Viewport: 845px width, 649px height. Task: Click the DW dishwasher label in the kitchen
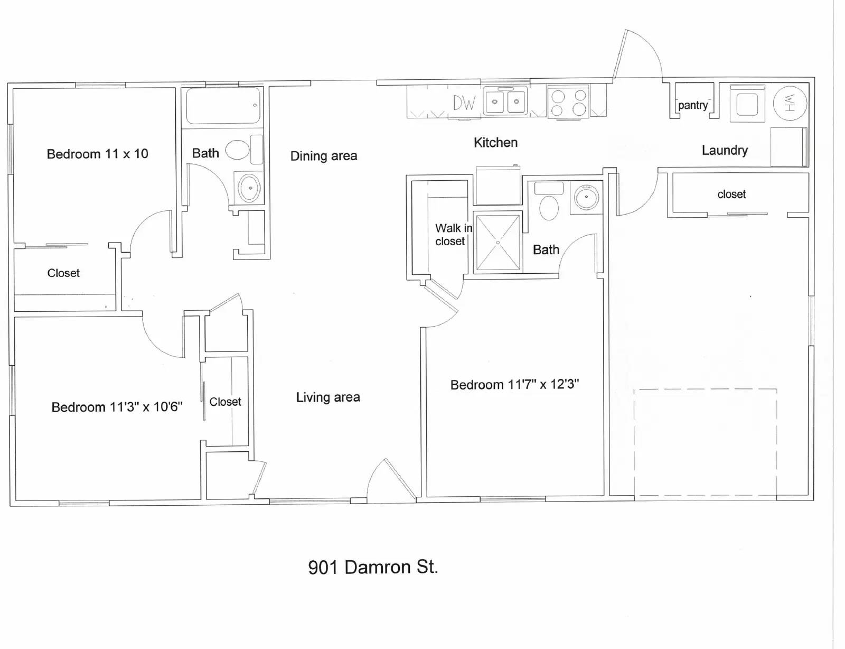point(464,103)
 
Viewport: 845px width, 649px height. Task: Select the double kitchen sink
point(505,101)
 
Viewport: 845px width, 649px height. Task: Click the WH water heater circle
point(790,103)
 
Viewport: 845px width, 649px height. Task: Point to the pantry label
point(692,105)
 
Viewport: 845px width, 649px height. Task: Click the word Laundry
point(725,151)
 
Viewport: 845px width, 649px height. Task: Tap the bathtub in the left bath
point(222,106)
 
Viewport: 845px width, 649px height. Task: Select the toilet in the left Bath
point(238,150)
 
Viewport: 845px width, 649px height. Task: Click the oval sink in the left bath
point(249,188)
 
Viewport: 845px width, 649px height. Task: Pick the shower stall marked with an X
point(497,243)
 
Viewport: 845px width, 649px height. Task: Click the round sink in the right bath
point(586,197)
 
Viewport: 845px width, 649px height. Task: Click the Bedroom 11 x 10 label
point(97,154)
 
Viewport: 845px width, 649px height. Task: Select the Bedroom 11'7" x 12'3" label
point(514,384)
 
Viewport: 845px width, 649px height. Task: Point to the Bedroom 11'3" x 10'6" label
point(117,407)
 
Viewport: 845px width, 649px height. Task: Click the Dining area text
point(324,156)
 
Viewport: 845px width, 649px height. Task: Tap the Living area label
point(328,397)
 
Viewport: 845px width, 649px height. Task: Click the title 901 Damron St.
point(373,567)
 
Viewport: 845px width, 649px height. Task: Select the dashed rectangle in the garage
point(705,444)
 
